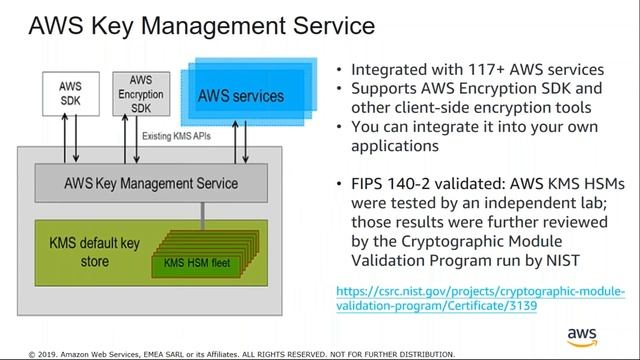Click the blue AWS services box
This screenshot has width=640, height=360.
pos(240,97)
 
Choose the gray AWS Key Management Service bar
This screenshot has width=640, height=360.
pos(151,184)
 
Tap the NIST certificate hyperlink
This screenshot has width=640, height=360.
pos(480,299)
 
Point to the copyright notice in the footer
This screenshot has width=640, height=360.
pos(240,353)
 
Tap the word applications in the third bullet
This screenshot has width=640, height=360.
pos(395,146)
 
